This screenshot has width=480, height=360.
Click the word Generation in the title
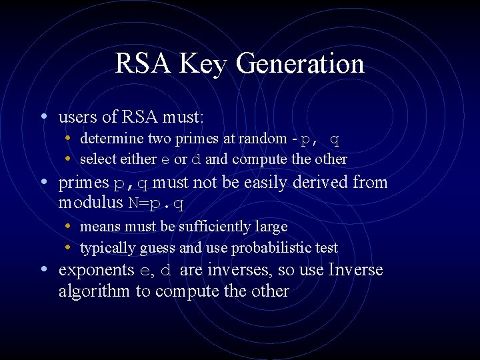[x=300, y=64]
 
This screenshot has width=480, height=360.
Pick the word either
[x=140, y=159]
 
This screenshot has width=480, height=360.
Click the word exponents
[x=97, y=270]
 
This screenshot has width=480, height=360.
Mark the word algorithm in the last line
[x=95, y=291]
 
